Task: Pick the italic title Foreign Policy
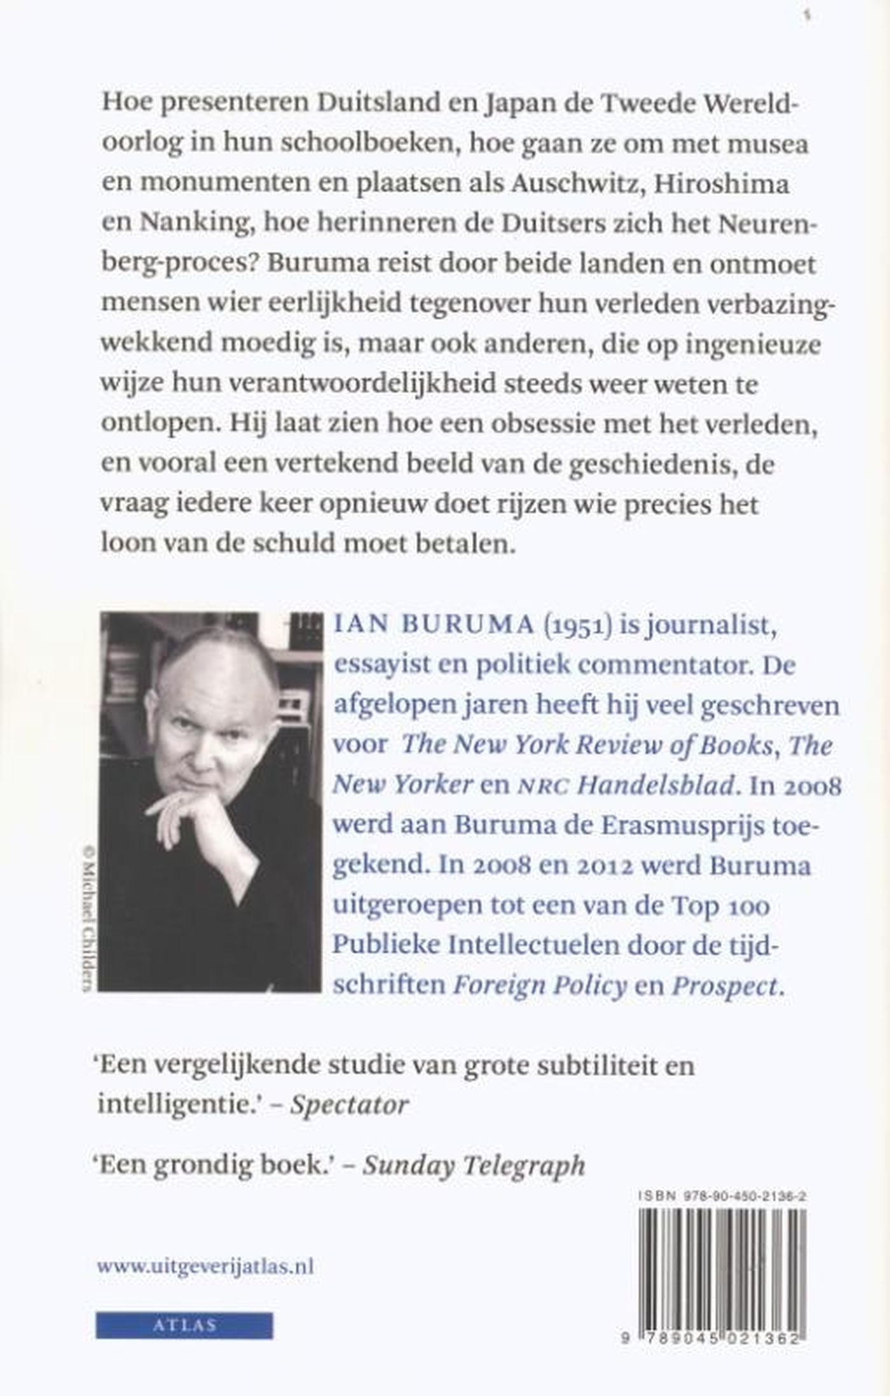pos(540,985)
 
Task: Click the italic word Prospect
pos(725,985)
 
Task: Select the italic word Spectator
pos(349,1105)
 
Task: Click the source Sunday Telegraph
pos(474,1164)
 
